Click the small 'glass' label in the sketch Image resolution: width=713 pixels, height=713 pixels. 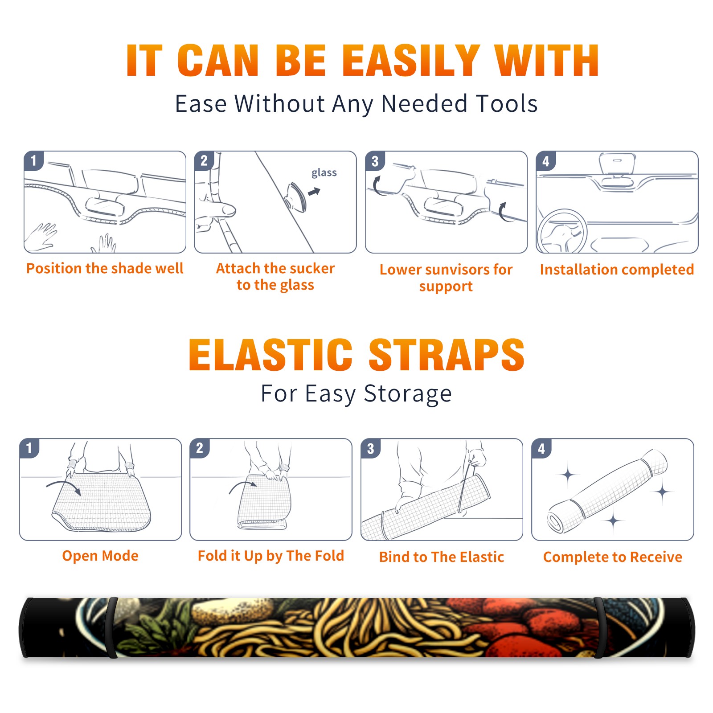point(324,173)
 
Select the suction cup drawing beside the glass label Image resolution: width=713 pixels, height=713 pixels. point(296,196)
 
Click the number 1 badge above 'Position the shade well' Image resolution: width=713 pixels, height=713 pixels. point(33,160)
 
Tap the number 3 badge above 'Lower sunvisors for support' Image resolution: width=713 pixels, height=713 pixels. point(375,161)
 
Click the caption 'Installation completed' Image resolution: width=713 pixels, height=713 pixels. point(617,270)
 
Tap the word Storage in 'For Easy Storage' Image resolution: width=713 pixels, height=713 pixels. point(408,394)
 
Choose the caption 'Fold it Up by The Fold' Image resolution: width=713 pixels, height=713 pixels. point(271,556)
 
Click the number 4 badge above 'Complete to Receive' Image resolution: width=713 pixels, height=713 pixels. point(541,448)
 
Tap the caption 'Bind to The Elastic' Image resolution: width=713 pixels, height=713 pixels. point(442,557)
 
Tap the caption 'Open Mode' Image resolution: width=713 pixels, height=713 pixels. point(100,556)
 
